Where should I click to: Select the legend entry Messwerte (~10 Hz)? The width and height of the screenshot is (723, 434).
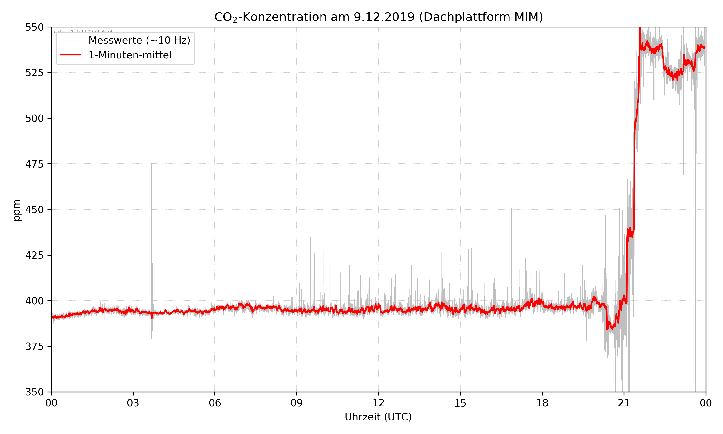tap(139, 40)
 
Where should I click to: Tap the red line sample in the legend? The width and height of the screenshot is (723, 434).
tap(70, 55)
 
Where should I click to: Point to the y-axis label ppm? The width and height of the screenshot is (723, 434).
tap(17, 210)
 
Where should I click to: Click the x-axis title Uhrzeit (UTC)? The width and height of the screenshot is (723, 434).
tap(378, 417)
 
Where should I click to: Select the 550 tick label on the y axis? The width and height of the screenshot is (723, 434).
tap(34, 27)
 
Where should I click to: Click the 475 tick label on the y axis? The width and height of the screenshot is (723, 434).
tap(34, 164)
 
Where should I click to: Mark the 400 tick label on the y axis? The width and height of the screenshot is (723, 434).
tap(34, 301)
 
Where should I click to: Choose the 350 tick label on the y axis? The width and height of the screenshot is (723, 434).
tap(34, 392)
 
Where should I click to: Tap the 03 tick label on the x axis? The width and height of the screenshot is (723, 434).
tap(133, 403)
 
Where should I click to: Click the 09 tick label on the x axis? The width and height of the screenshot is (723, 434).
tap(297, 403)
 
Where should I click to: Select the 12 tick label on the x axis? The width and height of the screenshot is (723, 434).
tap(378, 403)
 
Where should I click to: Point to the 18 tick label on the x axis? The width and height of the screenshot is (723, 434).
tap(542, 403)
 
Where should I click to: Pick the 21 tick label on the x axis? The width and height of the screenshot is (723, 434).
tap(624, 403)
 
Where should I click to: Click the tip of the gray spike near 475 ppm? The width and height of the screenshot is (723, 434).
tap(151, 163)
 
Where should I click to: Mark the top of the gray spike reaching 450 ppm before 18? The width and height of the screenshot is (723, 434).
tap(511, 209)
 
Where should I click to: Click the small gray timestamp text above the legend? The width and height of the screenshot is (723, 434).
tap(83, 31)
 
